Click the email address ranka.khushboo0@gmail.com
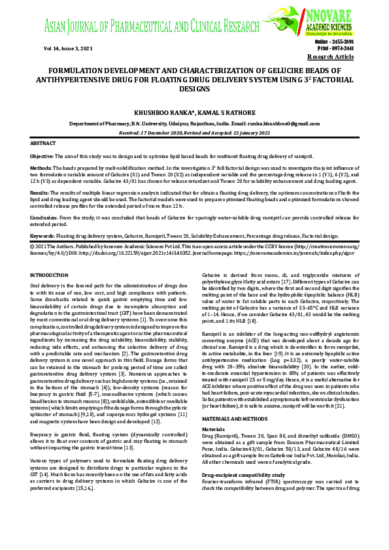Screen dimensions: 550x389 tap(282, 123)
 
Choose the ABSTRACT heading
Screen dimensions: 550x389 tap(44, 142)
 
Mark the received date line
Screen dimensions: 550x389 tap(194, 131)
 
